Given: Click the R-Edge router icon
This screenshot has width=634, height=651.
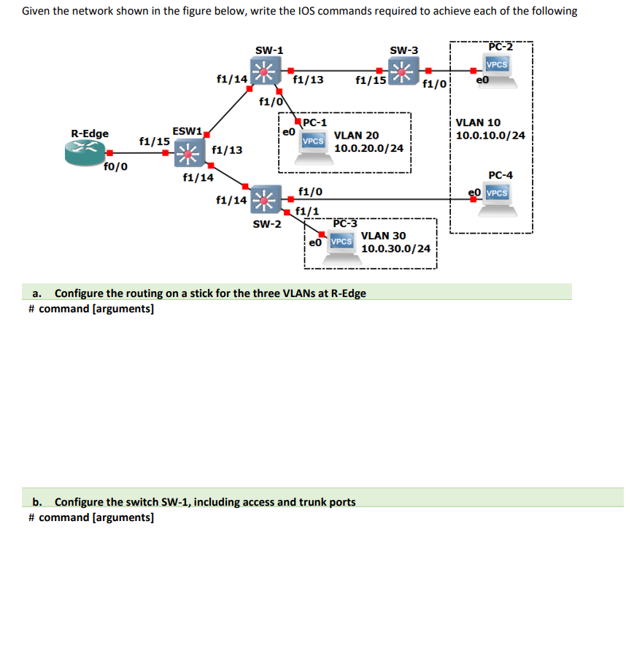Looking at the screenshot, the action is pyautogui.click(x=85, y=153).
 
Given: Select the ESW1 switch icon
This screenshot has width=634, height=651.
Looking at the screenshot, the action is pyautogui.click(x=189, y=153).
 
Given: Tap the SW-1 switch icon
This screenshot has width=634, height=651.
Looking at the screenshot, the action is pyautogui.click(x=266, y=71).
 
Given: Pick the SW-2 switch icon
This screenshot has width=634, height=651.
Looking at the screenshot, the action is pyautogui.click(x=266, y=199).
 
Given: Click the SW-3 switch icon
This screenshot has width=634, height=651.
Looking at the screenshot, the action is pyautogui.click(x=403, y=72).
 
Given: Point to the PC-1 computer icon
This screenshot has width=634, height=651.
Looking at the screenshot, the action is pyautogui.click(x=314, y=147).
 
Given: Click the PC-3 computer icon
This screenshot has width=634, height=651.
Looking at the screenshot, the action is pyautogui.click(x=342, y=249).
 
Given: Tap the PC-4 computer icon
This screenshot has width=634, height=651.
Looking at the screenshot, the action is pyautogui.click(x=498, y=200).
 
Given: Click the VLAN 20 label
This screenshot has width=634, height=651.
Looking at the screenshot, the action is pyautogui.click(x=357, y=135).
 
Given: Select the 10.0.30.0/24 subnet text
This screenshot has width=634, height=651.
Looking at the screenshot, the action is pyautogui.click(x=396, y=249).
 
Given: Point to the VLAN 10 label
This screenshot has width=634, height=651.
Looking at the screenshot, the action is pyautogui.click(x=478, y=123).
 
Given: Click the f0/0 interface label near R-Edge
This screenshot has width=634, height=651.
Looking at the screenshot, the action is pyautogui.click(x=116, y=166).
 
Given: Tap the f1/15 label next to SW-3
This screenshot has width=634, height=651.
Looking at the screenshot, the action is pyautogui.click(x=371, y=80).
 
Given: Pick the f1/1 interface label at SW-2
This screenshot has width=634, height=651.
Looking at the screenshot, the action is pyautogui.click(x=307, y=212).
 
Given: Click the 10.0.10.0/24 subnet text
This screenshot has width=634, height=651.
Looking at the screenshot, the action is pyautogui.click(x=490, y=135).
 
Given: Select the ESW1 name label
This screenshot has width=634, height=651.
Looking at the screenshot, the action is pyautogui.click(x=187, y=131).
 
